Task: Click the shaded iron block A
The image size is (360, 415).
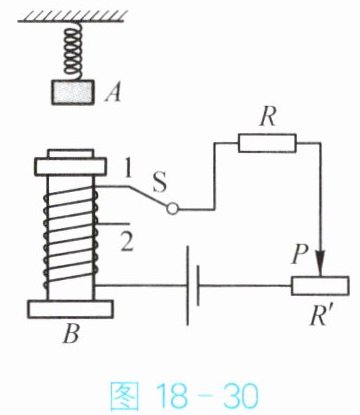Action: pyautogui.click(x=73, y=92)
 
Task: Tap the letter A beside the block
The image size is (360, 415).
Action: pyautogui.click(x=113, y=92)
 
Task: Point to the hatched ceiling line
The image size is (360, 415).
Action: pyautogui.click(x=73, y=16)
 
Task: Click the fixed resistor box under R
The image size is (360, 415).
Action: pyautogui.click(x=267, y=143)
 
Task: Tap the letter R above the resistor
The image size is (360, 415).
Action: pyautogui.click(x=268, y=116)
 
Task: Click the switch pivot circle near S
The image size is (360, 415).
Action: pyautogui.click(x=173, y=209)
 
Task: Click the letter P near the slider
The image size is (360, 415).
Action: pyautogui.click(x=299, y=254)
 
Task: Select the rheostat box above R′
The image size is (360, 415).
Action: pyautogui.click(x=320, y=286)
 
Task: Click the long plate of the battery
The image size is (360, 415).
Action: pyautogui.click(x=188, y=285)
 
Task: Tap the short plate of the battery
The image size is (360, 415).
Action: pyautogui.click(x=198, y=285)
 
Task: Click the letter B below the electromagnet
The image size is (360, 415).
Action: pyautogui.click(x=71, y=333)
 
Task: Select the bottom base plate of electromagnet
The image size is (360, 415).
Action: pyautogui.click(x=70, y=309)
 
